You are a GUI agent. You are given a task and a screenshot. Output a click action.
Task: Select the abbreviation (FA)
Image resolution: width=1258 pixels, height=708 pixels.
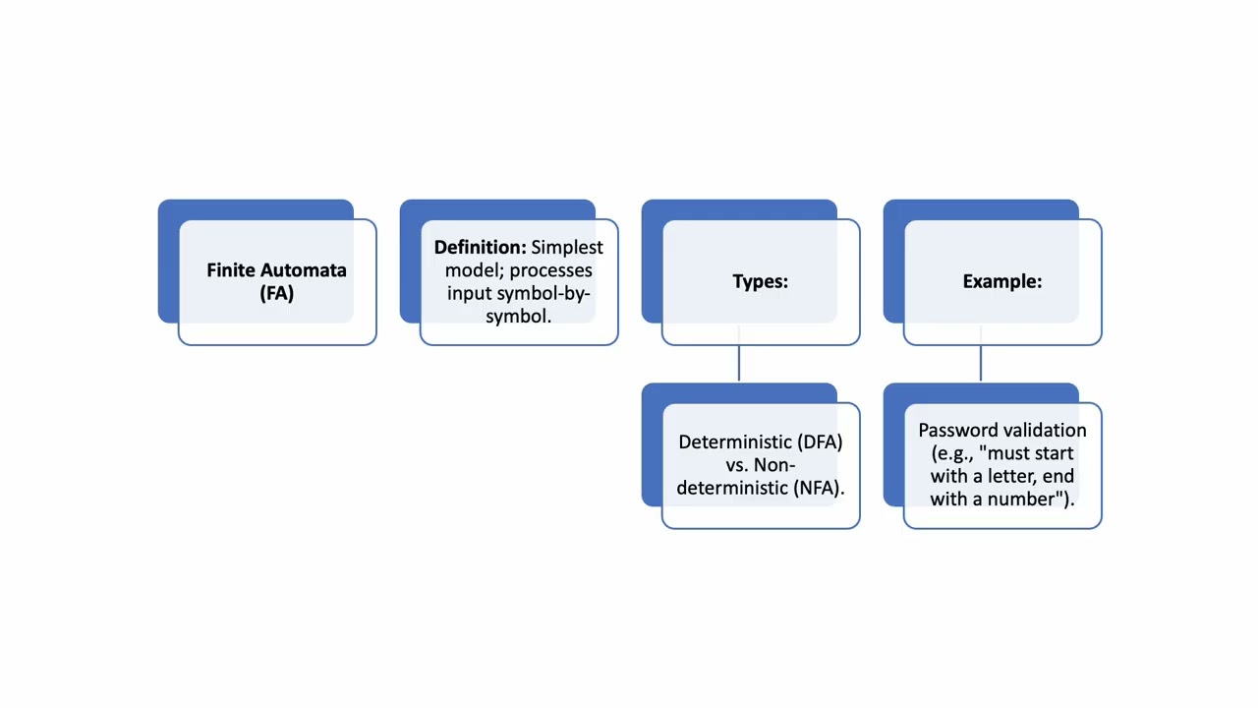pos(277,293)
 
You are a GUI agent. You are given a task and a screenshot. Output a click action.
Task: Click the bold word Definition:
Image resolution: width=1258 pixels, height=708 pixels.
pos(481,247)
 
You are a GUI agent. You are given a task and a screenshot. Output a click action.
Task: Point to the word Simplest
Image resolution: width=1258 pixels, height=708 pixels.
pos(567,248)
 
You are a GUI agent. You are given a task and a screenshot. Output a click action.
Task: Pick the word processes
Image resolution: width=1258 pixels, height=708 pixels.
pos(551,271)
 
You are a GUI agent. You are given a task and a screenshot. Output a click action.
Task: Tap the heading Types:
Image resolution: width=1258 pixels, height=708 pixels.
pos(761,281)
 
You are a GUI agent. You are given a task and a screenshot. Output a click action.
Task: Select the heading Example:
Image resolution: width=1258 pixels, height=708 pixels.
pos(1002,281)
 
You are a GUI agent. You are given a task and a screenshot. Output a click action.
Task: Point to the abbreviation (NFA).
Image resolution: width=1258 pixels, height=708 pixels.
pos(820,489)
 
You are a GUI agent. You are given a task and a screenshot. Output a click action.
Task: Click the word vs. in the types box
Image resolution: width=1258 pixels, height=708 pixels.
pos(737,465)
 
